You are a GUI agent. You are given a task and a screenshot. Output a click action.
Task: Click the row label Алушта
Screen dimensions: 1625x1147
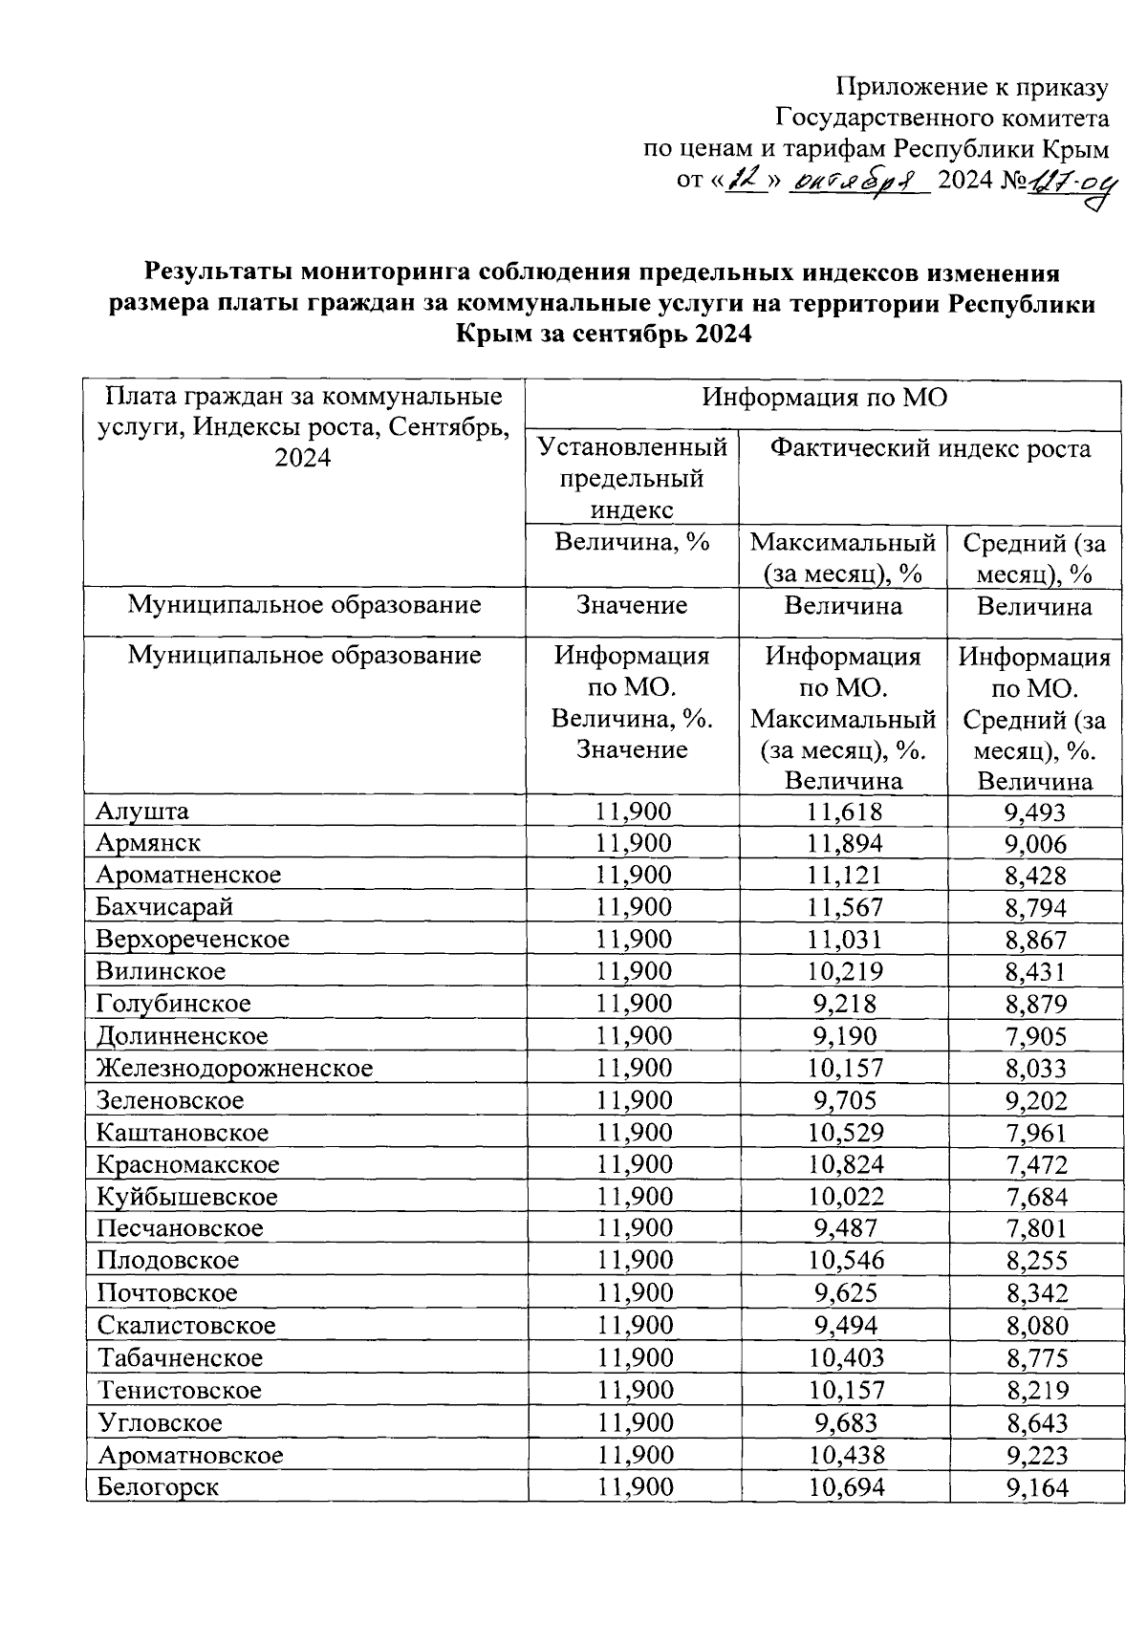coord(142,812)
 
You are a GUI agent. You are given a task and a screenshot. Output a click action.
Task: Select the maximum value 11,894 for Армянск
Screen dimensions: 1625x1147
coord(844,843)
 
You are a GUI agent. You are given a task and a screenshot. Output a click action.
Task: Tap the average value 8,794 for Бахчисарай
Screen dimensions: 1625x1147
coord(1035,907)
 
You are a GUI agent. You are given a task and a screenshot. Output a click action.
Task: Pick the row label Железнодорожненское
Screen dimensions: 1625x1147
coord(234,1068)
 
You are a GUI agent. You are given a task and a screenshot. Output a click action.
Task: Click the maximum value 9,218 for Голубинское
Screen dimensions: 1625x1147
coord(844,1004)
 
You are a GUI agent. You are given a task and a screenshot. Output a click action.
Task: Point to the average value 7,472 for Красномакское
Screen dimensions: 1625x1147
coord(1035,1164)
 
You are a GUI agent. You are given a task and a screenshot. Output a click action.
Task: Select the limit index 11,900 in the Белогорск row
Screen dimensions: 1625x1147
coord(634,1487)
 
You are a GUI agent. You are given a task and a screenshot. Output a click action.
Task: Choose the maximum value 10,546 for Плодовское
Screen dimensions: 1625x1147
coord(844,1261)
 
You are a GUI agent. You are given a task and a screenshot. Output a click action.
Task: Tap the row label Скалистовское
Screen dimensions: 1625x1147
coord(186,1326)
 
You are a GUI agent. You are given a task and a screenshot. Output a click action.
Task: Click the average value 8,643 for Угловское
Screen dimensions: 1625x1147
coord(1035,1423)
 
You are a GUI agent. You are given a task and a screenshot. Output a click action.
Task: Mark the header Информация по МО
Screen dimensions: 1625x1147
coord(824,398)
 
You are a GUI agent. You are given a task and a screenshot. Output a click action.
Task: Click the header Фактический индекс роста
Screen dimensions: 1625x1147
coord(930,448)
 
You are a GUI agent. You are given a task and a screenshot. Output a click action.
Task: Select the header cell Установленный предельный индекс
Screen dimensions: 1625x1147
coord(633,477)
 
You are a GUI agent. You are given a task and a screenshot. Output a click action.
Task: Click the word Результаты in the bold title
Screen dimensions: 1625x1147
coord(218,273)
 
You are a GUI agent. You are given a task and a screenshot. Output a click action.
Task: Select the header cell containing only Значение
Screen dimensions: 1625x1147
coord(633,606)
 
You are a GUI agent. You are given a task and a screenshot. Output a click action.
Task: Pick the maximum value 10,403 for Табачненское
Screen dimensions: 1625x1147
coord(844,1358)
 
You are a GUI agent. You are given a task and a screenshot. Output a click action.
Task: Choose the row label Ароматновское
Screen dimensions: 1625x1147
coord(190,1456)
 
